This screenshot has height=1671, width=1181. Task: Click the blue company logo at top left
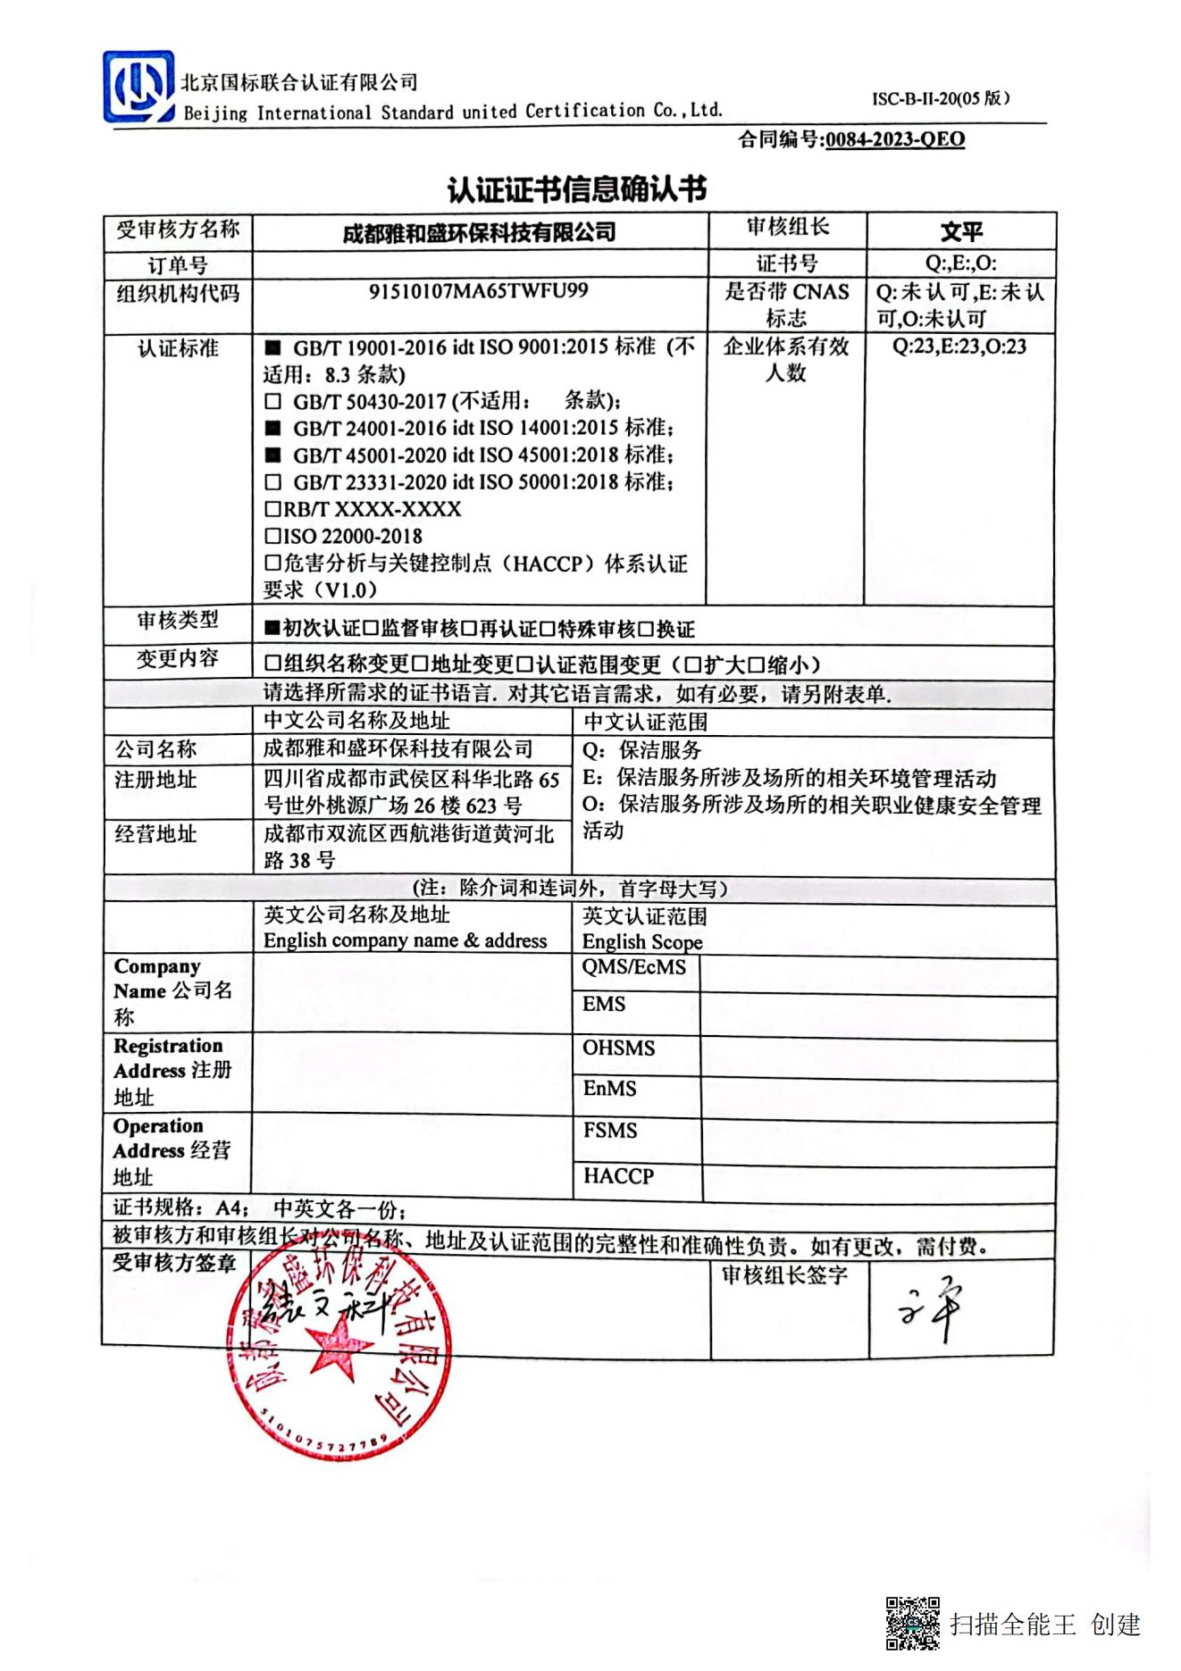coord(138,88)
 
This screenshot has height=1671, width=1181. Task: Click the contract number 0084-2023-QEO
coord(894,139)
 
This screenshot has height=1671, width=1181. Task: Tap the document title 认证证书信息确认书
coord(577,189)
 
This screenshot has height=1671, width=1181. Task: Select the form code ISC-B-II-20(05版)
coord(941,99)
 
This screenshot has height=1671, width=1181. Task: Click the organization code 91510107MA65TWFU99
coord(478,291)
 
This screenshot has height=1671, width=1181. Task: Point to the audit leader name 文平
coord(961,232)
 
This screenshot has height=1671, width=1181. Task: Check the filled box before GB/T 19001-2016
coord(273,347)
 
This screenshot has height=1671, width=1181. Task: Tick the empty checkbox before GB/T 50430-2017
coord(273,402)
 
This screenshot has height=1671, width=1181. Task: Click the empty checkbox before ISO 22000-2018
coord(272,537)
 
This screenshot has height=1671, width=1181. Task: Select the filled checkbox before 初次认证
coord(272,629)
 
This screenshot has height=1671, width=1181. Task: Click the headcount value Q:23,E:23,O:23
coord(959,347)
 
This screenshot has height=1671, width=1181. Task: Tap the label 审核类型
coord(178,621)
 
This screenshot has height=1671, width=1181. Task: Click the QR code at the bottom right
coord(912,1623)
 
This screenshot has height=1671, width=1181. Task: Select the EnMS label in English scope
coord(610,1089)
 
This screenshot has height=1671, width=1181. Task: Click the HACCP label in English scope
coord(618,1176)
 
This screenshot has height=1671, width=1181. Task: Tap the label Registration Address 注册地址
coord(172,1071)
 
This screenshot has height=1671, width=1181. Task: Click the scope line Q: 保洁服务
coord(642,750)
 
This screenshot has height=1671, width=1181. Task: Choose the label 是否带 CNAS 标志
coord(786,305)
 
